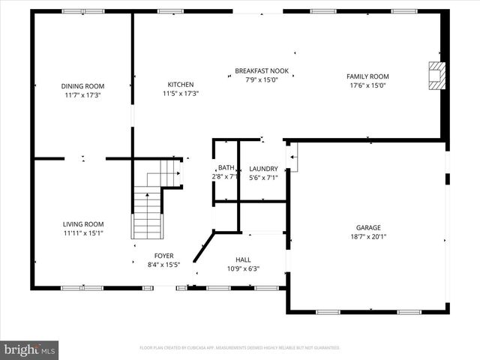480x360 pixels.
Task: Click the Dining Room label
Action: click(82, 86)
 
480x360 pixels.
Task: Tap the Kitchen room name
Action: click(181, 85)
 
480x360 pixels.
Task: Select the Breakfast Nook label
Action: click(256, 71)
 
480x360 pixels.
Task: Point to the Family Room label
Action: click(367, 76)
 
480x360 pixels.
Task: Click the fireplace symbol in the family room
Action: click(435, 76)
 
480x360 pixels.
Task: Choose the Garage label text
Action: click(368, 228)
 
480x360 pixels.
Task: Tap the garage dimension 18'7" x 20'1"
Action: click(368, 237)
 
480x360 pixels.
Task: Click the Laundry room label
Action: click(263, 169)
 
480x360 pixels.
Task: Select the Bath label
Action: click(226, 168)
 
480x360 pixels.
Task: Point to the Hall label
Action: click(243, 259)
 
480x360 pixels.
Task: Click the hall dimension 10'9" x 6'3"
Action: click(243, 268)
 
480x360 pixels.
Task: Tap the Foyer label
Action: click(163, 256)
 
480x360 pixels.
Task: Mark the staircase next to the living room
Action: click(148, 214)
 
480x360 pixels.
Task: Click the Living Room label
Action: click(82, 224)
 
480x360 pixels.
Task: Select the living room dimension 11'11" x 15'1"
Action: click(82, 233)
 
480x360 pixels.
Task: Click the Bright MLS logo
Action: click(30, 349)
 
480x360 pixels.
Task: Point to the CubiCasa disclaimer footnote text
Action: click(240, 348)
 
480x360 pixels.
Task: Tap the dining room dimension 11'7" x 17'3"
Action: click(82, 95)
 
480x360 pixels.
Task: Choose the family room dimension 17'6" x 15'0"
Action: click(367, 85)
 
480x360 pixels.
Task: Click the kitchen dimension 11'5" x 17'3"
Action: click(181, 94)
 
